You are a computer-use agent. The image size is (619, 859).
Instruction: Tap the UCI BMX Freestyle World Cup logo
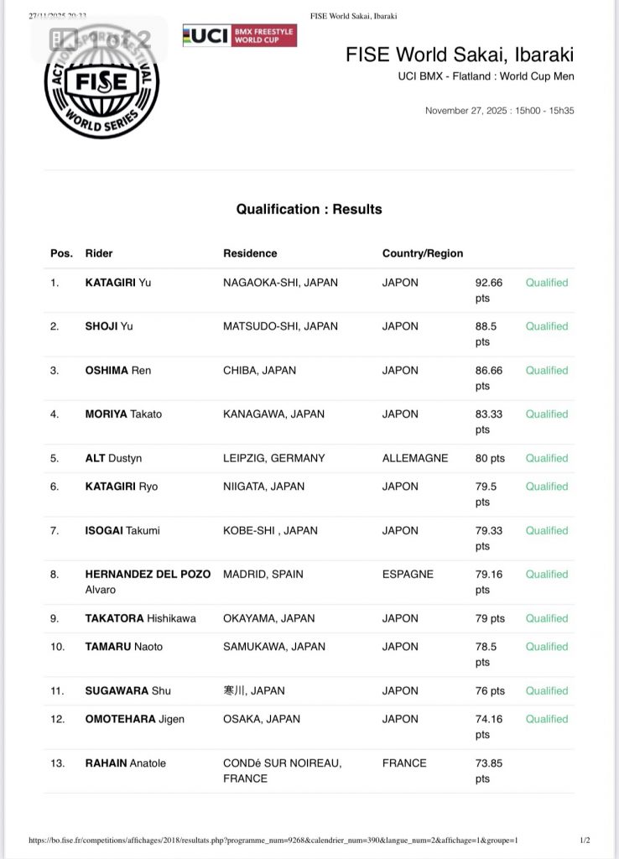coord(239,35)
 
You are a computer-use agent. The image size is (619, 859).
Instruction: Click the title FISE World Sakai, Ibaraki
coord(460,55)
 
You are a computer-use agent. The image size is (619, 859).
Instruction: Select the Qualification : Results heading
coord(309,209)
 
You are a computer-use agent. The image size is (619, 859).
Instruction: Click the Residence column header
coord(250,253)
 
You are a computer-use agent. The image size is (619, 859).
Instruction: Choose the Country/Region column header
coord(423,253)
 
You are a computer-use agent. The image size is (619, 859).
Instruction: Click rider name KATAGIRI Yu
coord(118,283)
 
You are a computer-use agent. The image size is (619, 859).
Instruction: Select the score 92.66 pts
coord(489,290)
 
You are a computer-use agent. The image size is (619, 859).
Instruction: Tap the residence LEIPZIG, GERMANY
coord(273,458)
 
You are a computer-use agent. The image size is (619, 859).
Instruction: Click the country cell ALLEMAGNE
coord(415,458)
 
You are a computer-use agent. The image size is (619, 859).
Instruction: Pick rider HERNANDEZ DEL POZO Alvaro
coord(136,581)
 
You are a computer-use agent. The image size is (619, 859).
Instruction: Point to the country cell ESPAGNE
coord(408,575)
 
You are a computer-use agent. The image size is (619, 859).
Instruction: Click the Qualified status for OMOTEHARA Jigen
coord(547,719)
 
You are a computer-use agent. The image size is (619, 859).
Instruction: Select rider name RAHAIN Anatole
coord(126,763)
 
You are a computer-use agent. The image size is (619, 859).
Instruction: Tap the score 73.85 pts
coord(489,771)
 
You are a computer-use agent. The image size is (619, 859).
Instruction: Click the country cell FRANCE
coord(404,763)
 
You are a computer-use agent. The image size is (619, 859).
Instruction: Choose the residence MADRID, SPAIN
coord(263,575)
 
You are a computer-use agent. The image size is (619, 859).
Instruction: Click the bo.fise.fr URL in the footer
coord(273,841)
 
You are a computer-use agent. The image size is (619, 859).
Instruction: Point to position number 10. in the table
coord(57,647)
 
